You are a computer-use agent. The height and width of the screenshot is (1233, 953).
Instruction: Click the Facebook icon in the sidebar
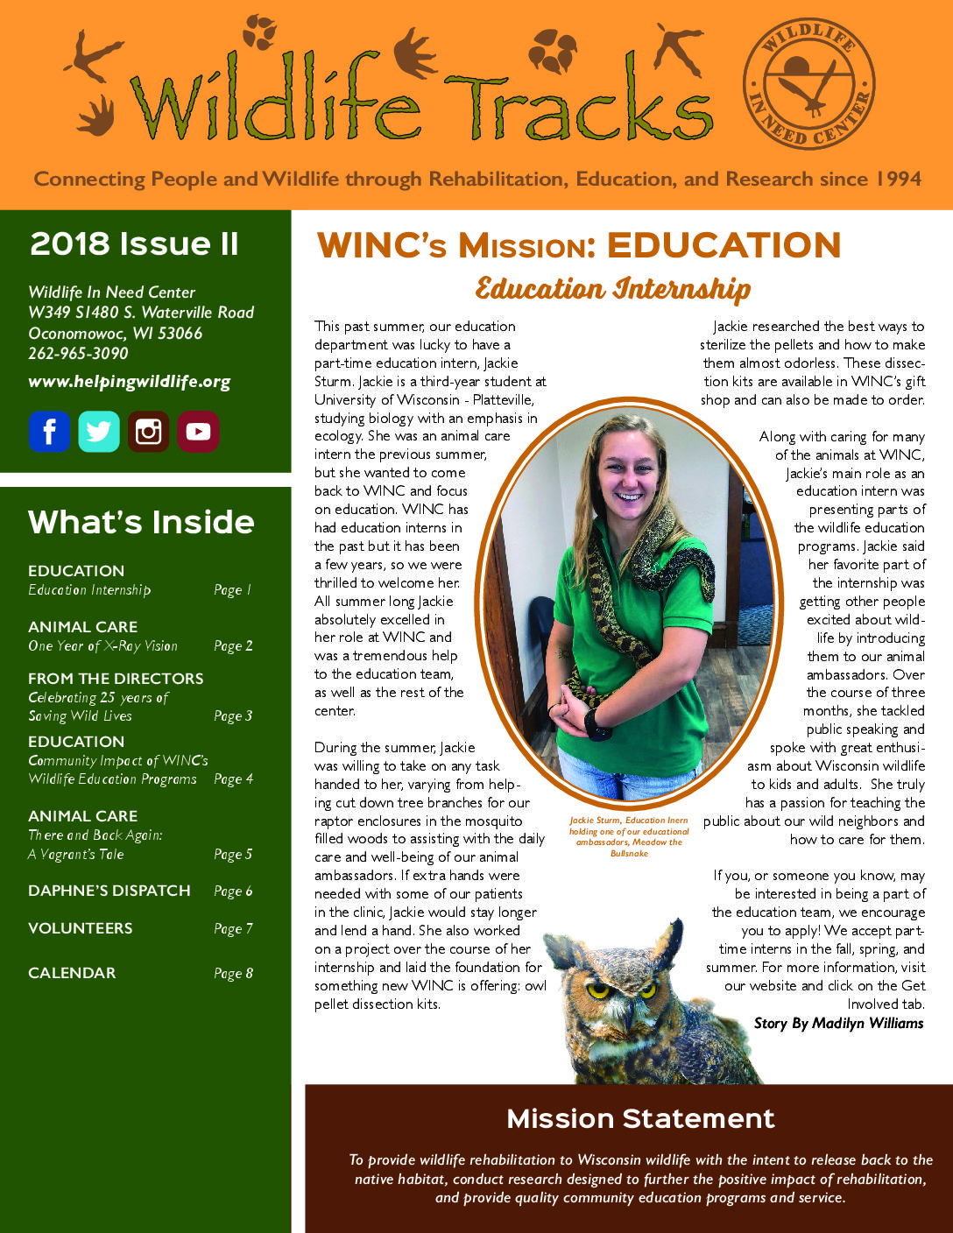point(49,431)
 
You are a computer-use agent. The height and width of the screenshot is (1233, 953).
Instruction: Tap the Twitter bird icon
point(99,431)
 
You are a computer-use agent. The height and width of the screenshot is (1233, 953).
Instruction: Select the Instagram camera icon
point(149,431)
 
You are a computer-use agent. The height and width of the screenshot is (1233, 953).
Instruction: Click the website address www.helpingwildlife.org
point(130,382)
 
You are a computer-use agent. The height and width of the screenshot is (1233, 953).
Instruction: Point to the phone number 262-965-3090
point(78,354)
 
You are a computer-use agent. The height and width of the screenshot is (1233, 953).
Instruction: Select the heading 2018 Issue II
point(134,243)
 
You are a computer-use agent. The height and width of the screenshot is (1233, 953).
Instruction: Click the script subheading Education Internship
point(612,289)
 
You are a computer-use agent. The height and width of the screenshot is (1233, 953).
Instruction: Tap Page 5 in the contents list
point(233,854)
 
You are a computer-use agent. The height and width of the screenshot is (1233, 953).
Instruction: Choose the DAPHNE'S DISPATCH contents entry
point(109,891)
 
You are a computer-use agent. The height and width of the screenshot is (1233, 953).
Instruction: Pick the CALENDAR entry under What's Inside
point(72,973)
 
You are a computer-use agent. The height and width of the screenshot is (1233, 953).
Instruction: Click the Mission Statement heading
point(640,1118)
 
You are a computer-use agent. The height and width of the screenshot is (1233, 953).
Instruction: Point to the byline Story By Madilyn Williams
point(838,1023)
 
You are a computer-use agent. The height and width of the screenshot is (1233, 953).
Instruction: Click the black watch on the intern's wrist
point(597,723)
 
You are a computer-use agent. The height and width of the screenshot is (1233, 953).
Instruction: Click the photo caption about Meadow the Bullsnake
point(629,836)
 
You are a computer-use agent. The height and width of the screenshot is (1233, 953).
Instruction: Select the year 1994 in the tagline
point(897,179)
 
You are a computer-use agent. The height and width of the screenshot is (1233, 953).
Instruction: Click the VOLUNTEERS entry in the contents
point(81,928)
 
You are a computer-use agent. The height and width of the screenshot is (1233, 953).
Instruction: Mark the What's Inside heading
point(141,522)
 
